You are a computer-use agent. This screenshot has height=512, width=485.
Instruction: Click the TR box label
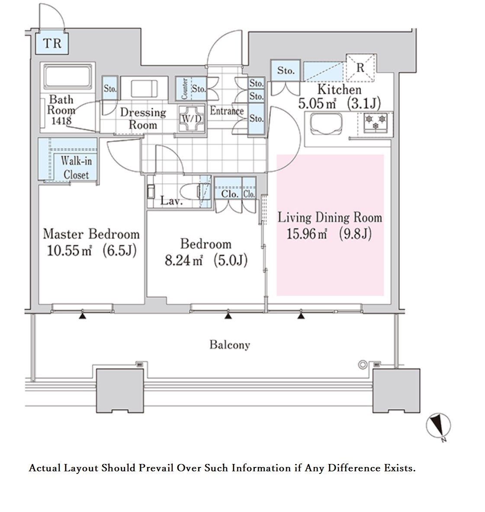coord(52,43)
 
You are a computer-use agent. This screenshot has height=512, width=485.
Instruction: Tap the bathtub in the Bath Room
coord(68,77)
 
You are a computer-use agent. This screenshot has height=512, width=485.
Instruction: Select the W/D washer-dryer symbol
coord(192,119)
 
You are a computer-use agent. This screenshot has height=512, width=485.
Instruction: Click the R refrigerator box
coord(361,68)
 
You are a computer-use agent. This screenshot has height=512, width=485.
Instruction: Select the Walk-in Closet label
coord(77,168)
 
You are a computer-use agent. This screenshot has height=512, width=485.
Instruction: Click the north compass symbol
coord(438,426)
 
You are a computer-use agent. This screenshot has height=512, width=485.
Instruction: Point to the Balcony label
coord(230,345)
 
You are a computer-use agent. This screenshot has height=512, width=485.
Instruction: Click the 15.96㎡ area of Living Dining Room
coord(306,234)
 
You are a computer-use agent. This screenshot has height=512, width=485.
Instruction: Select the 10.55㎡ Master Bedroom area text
coord(69,251)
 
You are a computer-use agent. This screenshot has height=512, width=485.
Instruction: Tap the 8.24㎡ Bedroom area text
coord(184,260)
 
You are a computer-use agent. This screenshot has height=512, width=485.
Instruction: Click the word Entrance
coord(227,111)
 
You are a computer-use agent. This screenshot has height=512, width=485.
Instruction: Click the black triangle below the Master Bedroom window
coord(83,316)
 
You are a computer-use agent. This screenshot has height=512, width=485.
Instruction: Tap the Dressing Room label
coord(143,119)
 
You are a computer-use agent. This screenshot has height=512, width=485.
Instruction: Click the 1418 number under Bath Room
coord(61,121)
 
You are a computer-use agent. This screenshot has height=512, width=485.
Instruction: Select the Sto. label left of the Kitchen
coord(286,70)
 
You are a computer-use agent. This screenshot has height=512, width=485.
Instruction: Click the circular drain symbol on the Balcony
coord(363,364)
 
